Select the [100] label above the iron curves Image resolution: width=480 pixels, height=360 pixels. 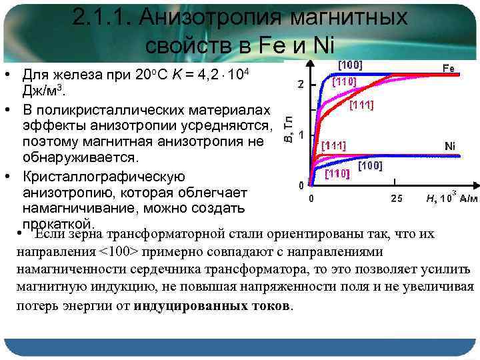click(350, 65)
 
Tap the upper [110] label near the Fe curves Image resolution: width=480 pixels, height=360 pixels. click(344, 81)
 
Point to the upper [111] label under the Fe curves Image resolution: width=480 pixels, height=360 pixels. click(361, 105)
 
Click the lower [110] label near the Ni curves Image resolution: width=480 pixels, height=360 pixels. click(337, 175)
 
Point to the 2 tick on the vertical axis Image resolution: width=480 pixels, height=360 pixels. click(301, 84)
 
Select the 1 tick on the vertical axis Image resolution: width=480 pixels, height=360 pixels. click(301, 134)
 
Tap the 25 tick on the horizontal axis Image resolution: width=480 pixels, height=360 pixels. click(396, 198)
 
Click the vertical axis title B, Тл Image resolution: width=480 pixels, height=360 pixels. click(288, 129)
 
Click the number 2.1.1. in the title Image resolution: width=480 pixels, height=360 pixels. click(104, 18)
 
